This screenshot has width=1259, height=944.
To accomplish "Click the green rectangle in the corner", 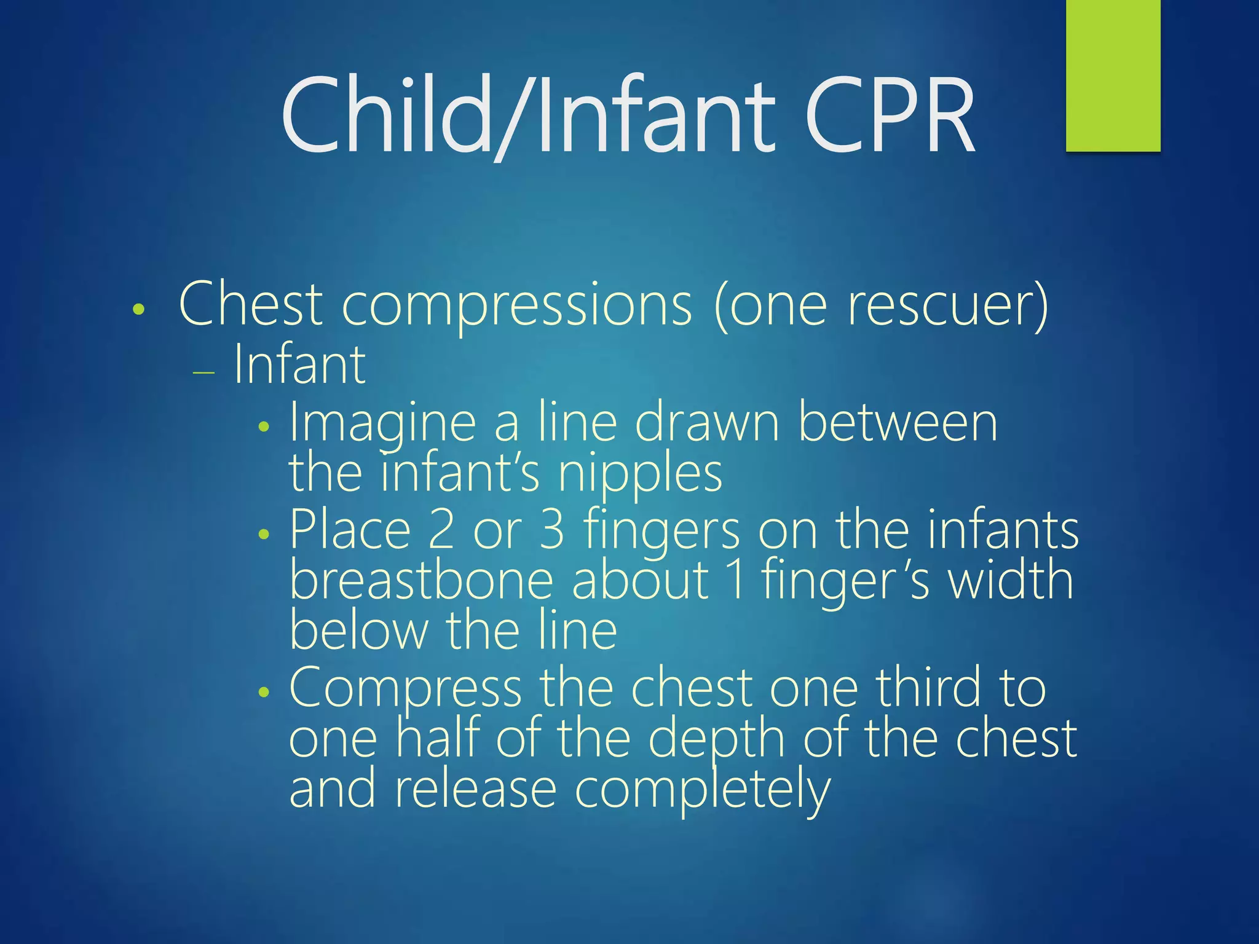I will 1113,75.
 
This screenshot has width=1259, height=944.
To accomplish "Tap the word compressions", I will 516,306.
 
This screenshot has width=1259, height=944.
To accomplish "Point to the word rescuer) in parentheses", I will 947,306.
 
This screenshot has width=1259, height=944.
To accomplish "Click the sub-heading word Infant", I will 299,365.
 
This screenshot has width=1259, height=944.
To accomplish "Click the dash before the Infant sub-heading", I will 203,373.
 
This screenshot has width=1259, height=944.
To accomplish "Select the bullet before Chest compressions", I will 139,309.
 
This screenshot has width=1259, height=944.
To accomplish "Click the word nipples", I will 640,474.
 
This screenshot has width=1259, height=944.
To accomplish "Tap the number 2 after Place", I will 441,530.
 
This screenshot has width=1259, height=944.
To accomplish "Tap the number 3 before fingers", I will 551,530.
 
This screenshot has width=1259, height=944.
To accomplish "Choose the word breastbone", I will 422,581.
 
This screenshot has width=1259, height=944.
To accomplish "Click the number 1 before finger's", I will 736,581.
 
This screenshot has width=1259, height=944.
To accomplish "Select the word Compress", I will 405,689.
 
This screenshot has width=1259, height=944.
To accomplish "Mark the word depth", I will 717,740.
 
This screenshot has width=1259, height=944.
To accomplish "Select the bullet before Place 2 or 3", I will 264,534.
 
